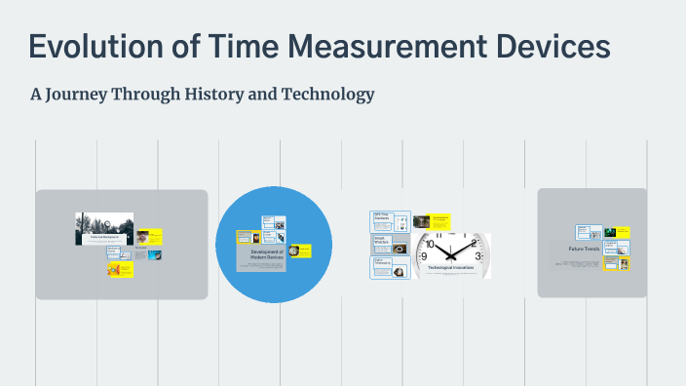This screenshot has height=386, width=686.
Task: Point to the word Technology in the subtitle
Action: tap(328, 95)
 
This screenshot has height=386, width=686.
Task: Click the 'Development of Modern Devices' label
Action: tap(260, 254)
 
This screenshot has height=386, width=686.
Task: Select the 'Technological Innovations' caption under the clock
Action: tap(449, 267)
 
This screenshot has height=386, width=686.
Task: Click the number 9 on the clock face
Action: tap(424, 256)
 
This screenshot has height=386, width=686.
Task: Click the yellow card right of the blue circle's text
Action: tap(300, 250)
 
